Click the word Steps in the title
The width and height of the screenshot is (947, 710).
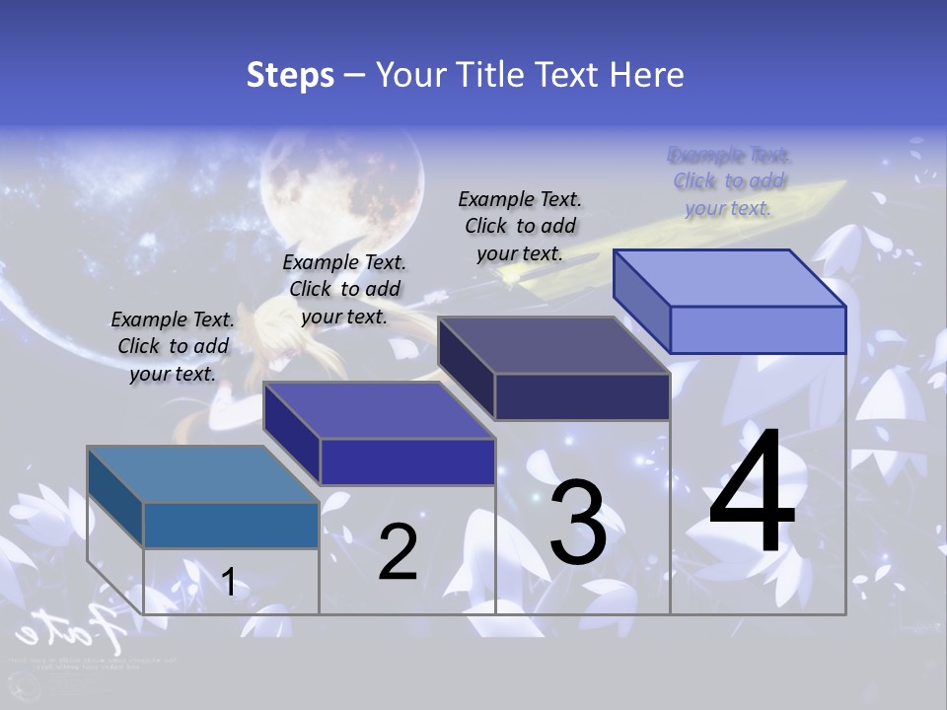click(x=290, y=75)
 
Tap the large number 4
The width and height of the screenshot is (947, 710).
click(x=753, y=492)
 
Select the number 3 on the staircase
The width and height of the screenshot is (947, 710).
click(x=578, y=524)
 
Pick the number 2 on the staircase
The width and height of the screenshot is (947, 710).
click(x=398, y=552)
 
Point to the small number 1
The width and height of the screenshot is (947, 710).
click(x=229, y=582)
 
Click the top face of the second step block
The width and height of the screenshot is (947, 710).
click(x=379, y=410)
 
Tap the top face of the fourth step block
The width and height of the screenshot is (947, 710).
click(x=730, y=277)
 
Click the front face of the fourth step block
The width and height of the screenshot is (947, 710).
click(x=758, y=329)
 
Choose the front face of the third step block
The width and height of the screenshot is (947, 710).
click(x=582, y=396)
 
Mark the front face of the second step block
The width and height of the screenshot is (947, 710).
click(x=407, y=461)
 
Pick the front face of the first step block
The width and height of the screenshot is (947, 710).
click(x=231, y=525)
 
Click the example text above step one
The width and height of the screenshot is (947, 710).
click(x=173, y=346)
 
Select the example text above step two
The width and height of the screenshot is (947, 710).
click(x=344, y=289)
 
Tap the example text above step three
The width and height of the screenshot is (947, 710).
click(x=520, y=226)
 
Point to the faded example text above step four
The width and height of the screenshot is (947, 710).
click(x=729, y=181)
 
